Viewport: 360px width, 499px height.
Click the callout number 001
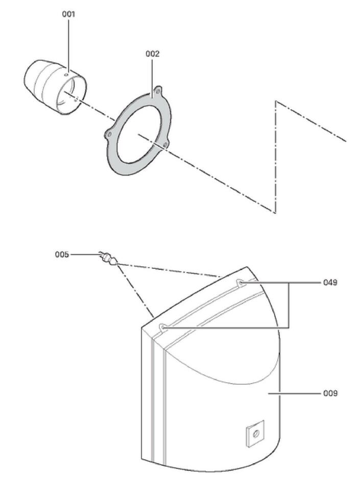point(68,14)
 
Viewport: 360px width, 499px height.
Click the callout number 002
point(152,54)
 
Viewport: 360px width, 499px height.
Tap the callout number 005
point(62,255)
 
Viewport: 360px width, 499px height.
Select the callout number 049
point(330,282)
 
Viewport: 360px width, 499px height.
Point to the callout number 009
point(330,393)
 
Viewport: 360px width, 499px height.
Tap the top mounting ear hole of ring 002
point(158,91)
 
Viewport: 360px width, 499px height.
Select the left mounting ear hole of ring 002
point(109,135)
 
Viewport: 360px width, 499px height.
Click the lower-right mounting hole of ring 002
point(165,145)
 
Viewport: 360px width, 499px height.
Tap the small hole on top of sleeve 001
point(66,75)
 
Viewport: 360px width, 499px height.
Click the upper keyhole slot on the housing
point(239,282)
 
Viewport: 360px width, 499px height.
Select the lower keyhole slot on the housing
point(163,327)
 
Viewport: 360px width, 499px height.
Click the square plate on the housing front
point(255,434)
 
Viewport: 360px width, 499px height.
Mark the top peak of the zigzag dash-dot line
point(276,101)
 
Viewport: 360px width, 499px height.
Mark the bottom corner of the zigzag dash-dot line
point(275,212)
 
